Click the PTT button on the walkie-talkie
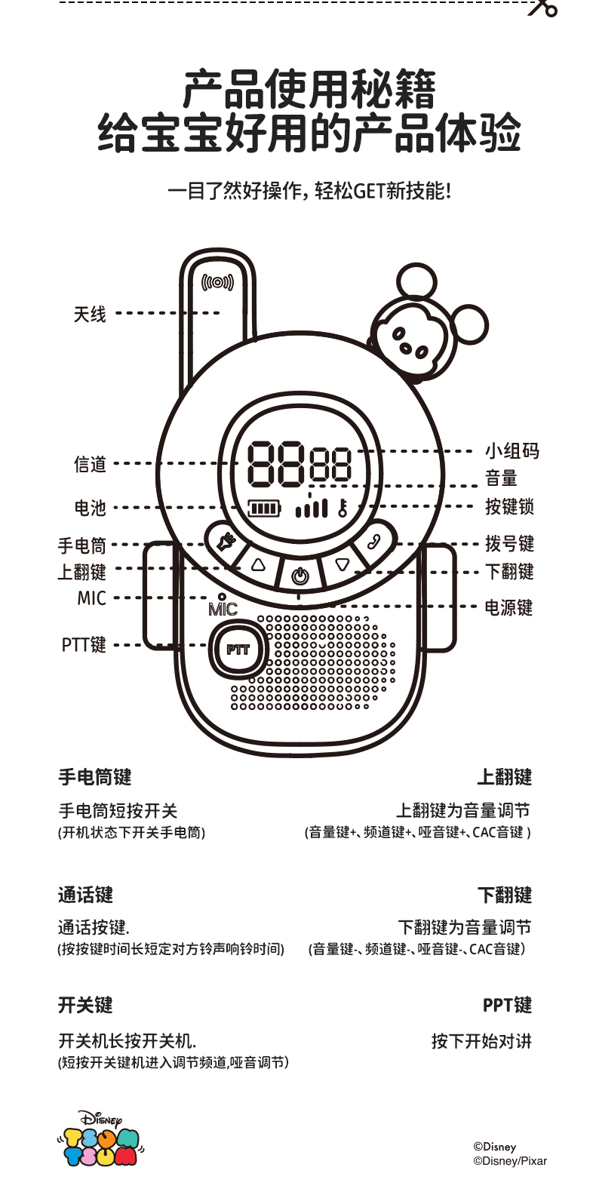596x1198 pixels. pos(238,650)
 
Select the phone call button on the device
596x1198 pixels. pos(373,541)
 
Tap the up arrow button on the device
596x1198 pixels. pos(259,564)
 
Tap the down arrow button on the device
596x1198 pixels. pos(343,564)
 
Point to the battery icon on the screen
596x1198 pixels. pos(264,508)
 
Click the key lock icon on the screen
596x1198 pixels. pos(343,507)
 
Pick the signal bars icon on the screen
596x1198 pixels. pos(312,508)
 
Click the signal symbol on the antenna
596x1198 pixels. pos(217,283)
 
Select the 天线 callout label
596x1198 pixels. pos(90,314)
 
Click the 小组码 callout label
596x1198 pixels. pos(512,451)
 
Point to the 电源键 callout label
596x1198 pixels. pos(508,607)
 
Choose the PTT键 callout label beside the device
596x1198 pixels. pos(84,645)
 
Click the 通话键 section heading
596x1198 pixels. pos(85,895)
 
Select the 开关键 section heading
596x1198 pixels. pos(85,1005)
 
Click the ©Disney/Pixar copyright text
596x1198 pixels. pos(510,1161)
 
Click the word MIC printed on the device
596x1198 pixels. pos(223,610)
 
